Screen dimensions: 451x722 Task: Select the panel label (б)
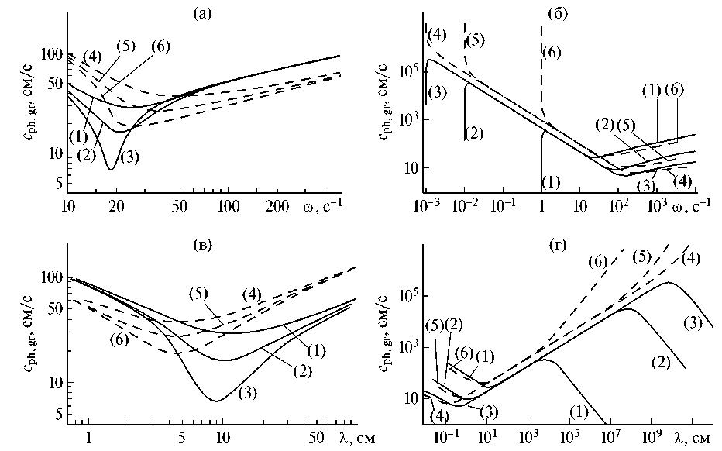[558, 13]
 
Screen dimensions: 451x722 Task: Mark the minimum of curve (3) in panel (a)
[112, 169]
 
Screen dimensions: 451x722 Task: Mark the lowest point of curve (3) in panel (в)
[218, 401]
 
